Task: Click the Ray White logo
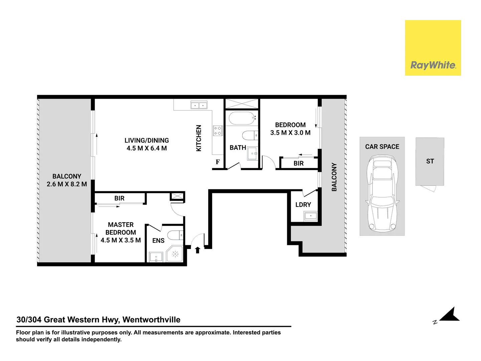pyautogui.click(x=433, y=65)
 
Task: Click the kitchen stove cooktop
pyautogui.click(x=218, y=131)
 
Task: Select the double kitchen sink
pyautogui.click(x=199, y=106)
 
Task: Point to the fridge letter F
pyautogui.click(x=218, y=162)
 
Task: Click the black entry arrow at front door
pyautogui.click(x=197, y=250)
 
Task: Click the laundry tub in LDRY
pyautogui.click(x=311, y=216)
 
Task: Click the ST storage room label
pyautogui.click(x=430, y=161)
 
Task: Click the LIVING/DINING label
pyautogui.click(x=147, y=141)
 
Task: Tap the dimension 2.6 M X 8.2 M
pyautogui.click(x=67, y=184)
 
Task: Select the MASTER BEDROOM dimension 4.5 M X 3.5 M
pyautogui.click(x=121, y=240)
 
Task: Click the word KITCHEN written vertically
pyautogui.click(x=199, y=138)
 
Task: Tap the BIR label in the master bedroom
pyautogui.click(x=119, y=199)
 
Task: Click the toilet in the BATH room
pyautogui.click(x=250, y=136)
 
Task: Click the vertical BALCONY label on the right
pyautogui.click(x=334, y=177)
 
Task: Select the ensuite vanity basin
pyautogui.click(x=156, y=257)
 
